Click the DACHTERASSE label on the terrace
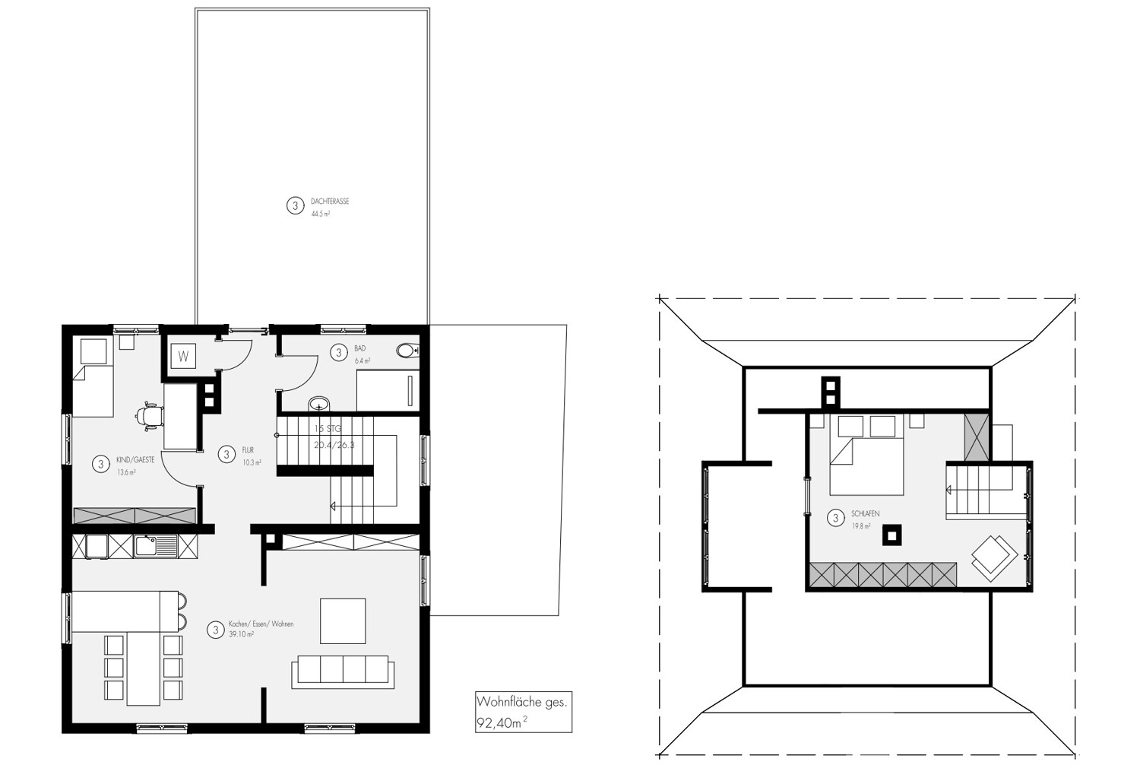[x=330, y=202]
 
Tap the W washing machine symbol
[x=183, y=355]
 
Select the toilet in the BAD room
[x=407, y=351]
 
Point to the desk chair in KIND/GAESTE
[x=149, y=415]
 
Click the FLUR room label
[x=248, y=450]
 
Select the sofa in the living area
[x=343, y=671]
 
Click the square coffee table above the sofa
[x=343, y=621]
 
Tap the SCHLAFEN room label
[x=866, y=514]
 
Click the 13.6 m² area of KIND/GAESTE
[x=126, y=472]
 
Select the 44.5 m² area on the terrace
[x=320, y=214]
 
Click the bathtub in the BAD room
[x=388, y=391]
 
